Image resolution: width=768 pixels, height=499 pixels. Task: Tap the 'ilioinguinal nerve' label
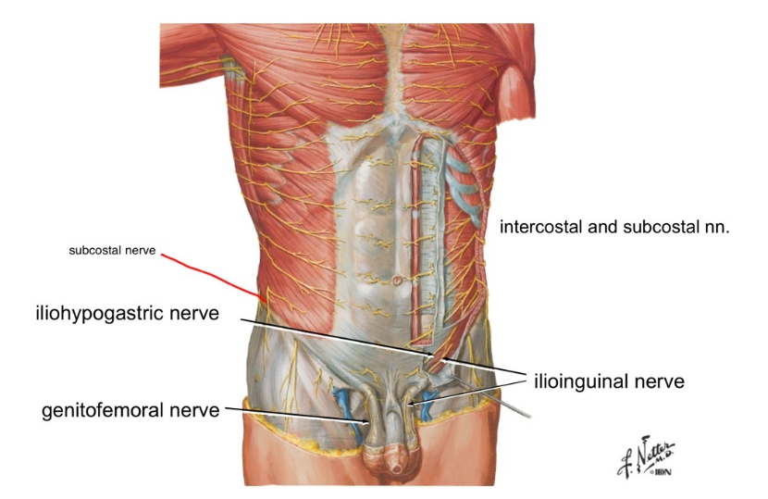tap(608, 380)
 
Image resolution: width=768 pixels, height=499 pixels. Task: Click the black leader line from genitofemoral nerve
tap(296, 414)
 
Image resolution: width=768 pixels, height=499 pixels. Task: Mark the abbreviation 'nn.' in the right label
tap(717, 227)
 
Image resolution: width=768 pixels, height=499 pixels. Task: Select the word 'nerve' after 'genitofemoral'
tap(193, 409)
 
